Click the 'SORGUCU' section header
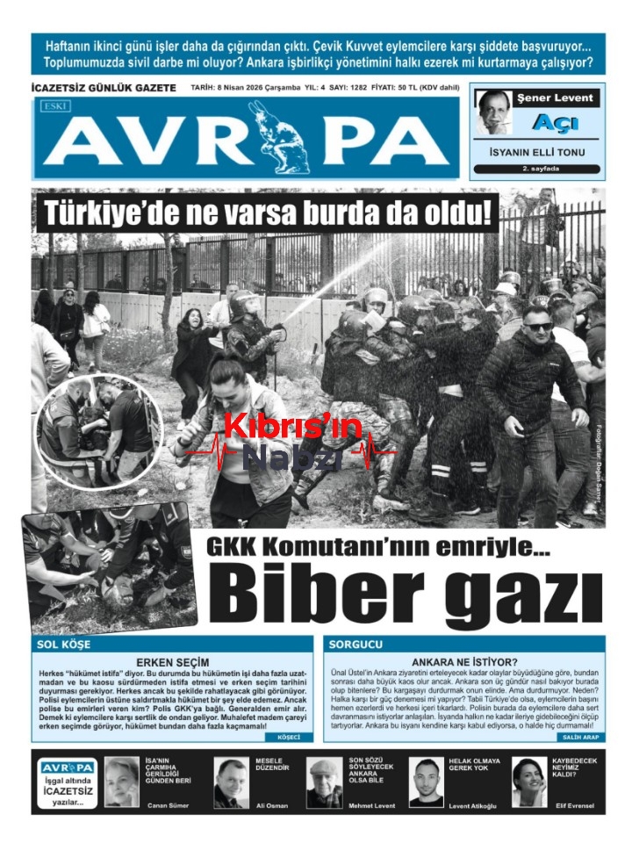click(355, 644)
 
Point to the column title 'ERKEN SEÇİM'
click(173, 661)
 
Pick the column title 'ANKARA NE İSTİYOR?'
click(463, 661)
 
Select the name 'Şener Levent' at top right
click(555, 97)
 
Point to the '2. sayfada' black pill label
click(537, 169)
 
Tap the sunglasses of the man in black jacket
click(537, 327)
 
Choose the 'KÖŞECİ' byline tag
click(288, 737)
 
